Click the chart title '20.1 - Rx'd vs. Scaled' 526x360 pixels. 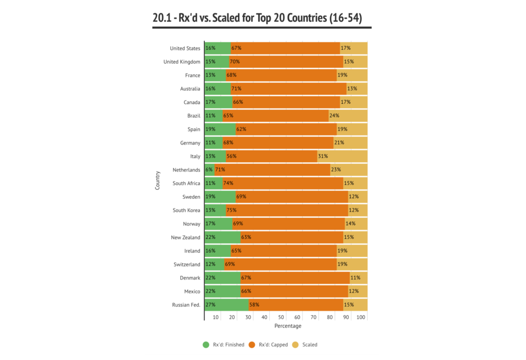coord(257,18)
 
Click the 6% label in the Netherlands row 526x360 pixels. coord(209,169)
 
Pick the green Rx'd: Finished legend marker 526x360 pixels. coord(206,345)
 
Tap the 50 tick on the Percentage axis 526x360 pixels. coord(281,318)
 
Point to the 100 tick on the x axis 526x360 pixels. coord(361,318)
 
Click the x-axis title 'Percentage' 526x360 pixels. coord(288,326)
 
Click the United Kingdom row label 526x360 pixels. coord(182,62)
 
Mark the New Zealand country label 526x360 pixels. coord(185,237)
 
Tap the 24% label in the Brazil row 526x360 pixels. coord(334,116)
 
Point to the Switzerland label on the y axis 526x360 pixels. coord(186,264)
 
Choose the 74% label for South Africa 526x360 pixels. coord(228,183)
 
